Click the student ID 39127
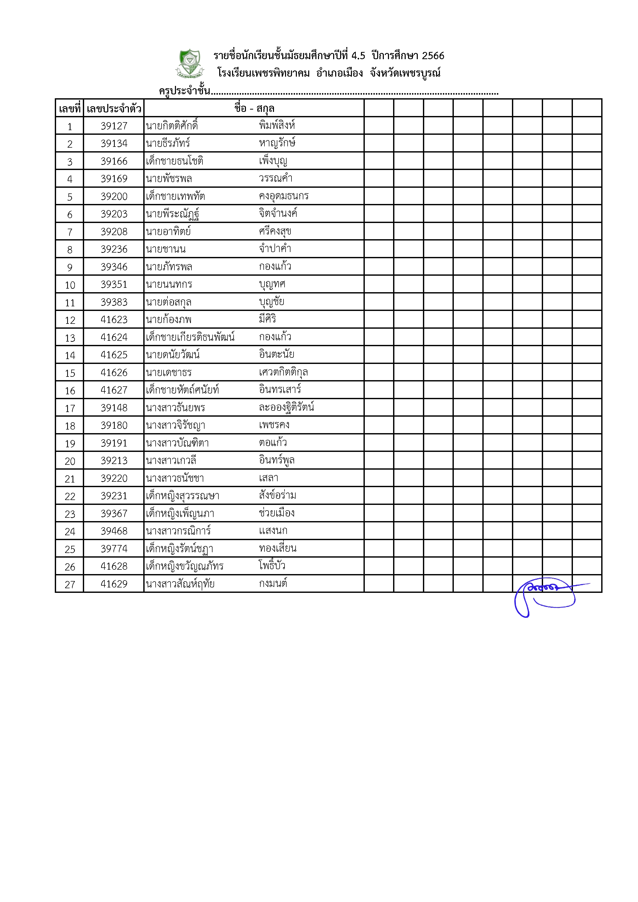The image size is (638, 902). [x=114, y=126]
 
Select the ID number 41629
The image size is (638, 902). [x=114, y=584]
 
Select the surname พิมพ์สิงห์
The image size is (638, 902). [x=277, y=126]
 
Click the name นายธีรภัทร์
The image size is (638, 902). [x=168, y=144]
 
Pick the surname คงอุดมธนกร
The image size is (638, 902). [x=284, y=196]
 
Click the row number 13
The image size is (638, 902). [x=70, y=338]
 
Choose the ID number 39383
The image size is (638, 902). [x=114, y=302]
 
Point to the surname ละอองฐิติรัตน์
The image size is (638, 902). [x=286, y=407]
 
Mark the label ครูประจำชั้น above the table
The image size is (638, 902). [x=185, y=91]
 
